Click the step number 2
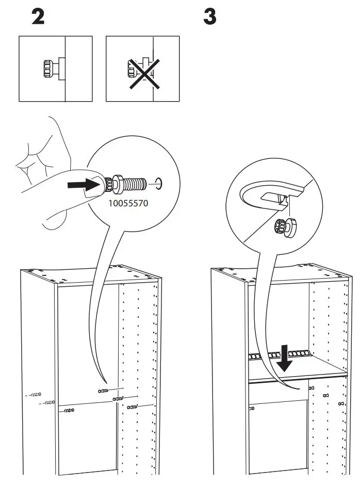coord(38,17)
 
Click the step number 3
coord(209,17)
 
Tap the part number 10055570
coord(128,203)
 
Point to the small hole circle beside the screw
coord(159,183)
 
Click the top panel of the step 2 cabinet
coord(88,274)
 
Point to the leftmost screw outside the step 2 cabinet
coord(35,395)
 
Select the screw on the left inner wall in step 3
coord(251,408)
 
